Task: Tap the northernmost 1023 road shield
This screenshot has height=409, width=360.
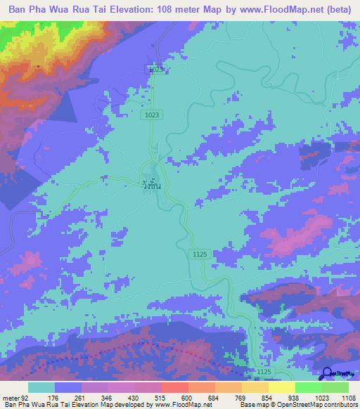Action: click(156, 70)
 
